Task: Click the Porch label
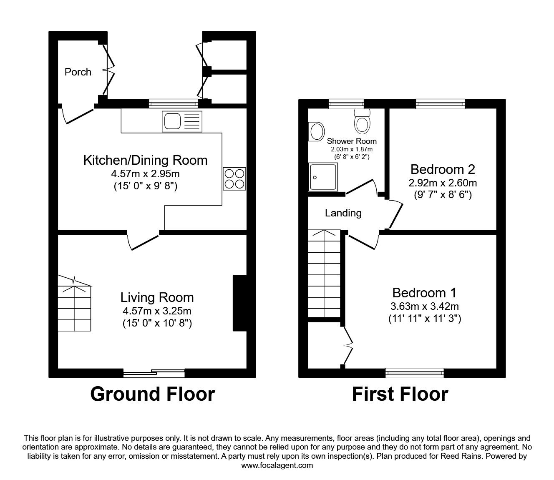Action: tap(78, 72)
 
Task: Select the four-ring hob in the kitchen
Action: tap(234, 178)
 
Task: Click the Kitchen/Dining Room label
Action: tap(145, 160)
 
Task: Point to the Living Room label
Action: tap(157, 297)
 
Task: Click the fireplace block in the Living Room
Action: tap(239, 303)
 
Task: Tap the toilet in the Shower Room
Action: tap(362, 121)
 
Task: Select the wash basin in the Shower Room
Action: tap(317, 132)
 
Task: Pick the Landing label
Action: tap(343, 213)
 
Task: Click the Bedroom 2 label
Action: tap(443, 169)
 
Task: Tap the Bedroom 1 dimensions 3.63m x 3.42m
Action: tap(424, 307)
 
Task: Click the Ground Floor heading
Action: tap(152, 394)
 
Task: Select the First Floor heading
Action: tap(400, 394)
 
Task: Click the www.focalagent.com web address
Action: tap(277, 465)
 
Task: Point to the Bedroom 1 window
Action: tap(415, 372)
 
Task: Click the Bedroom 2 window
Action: tap(440, 103)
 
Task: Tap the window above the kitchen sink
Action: tap(174, 103)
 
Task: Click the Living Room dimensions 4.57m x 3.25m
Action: tap(157, 311)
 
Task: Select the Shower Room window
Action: tap(346, 103)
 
